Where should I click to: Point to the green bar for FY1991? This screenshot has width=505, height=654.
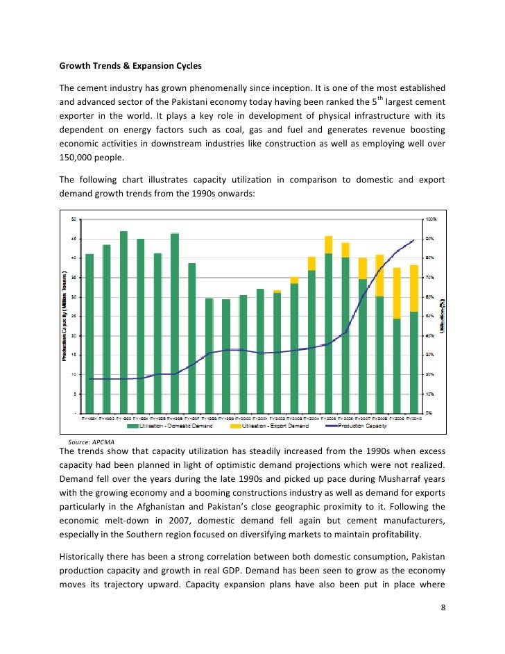[89, 333]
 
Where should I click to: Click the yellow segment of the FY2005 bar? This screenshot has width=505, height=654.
[329, 244]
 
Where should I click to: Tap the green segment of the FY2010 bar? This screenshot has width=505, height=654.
[414, 361]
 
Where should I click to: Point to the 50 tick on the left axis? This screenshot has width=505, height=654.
[75, 219]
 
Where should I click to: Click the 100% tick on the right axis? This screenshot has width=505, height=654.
[431, 219]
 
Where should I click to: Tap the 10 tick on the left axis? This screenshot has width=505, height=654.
[75, 374]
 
